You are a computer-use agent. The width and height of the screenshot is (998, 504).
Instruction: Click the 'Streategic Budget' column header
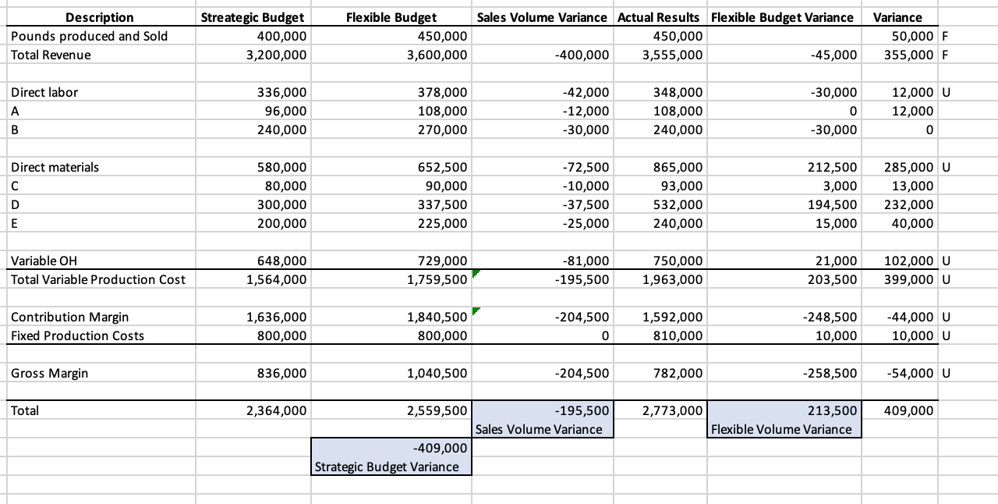(x=253, y=17)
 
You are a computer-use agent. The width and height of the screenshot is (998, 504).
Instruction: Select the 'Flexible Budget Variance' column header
(x=782, y=17)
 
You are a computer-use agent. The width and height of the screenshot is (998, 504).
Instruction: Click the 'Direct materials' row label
(x=55, y=167)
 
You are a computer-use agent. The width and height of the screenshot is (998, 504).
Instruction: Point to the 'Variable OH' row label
(x=44, y=261)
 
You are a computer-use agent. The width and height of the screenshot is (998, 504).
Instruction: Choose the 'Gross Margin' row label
(x=49, y=373)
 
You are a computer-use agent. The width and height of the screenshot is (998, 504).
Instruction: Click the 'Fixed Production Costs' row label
(x=77, y=335)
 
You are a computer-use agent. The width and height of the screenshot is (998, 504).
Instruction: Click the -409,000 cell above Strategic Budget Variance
(x=438, y=448)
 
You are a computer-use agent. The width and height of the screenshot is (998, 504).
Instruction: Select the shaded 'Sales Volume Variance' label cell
(x=539, y=429)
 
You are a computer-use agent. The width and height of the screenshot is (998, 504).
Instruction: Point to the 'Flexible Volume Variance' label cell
(x=781, y=429)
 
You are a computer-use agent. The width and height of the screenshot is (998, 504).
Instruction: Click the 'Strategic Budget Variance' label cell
(x=386, y=467)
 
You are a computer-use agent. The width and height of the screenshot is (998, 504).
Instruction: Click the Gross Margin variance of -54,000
(x=909, y=373)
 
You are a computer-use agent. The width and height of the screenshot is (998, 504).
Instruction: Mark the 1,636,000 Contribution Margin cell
(x=277, y=317)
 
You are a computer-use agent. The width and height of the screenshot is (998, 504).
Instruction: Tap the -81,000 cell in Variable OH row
(x=586, y=261)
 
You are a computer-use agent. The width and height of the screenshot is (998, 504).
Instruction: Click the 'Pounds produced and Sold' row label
(x=89, y=36)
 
